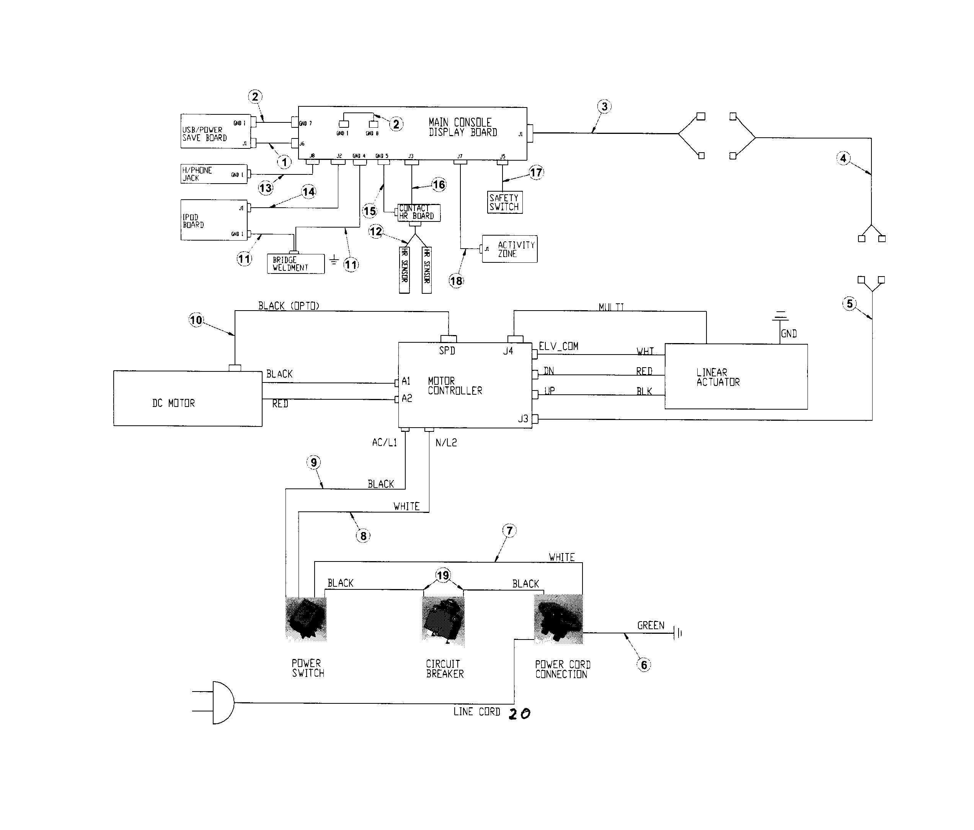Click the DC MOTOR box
click(x=188, y=398)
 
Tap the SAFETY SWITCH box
click(x=504, y=202)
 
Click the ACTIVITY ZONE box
click(x=509, y=249)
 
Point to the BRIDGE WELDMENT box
click(x=295, y=264)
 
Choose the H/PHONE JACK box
click(x=214, y=174)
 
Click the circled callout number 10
click(x=196, y=321)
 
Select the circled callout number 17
click(x=536, y=173)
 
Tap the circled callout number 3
click(x=605, y=107)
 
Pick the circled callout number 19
click(x=443, y=575)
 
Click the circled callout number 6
click(x=644, y=665)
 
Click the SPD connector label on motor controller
click(x=447, y=350)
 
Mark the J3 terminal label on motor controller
click(x=523, y=418)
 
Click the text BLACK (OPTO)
click(x=289, y=306)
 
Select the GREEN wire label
click(x=651, y=625)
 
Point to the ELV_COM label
click(x=558, y=346)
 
